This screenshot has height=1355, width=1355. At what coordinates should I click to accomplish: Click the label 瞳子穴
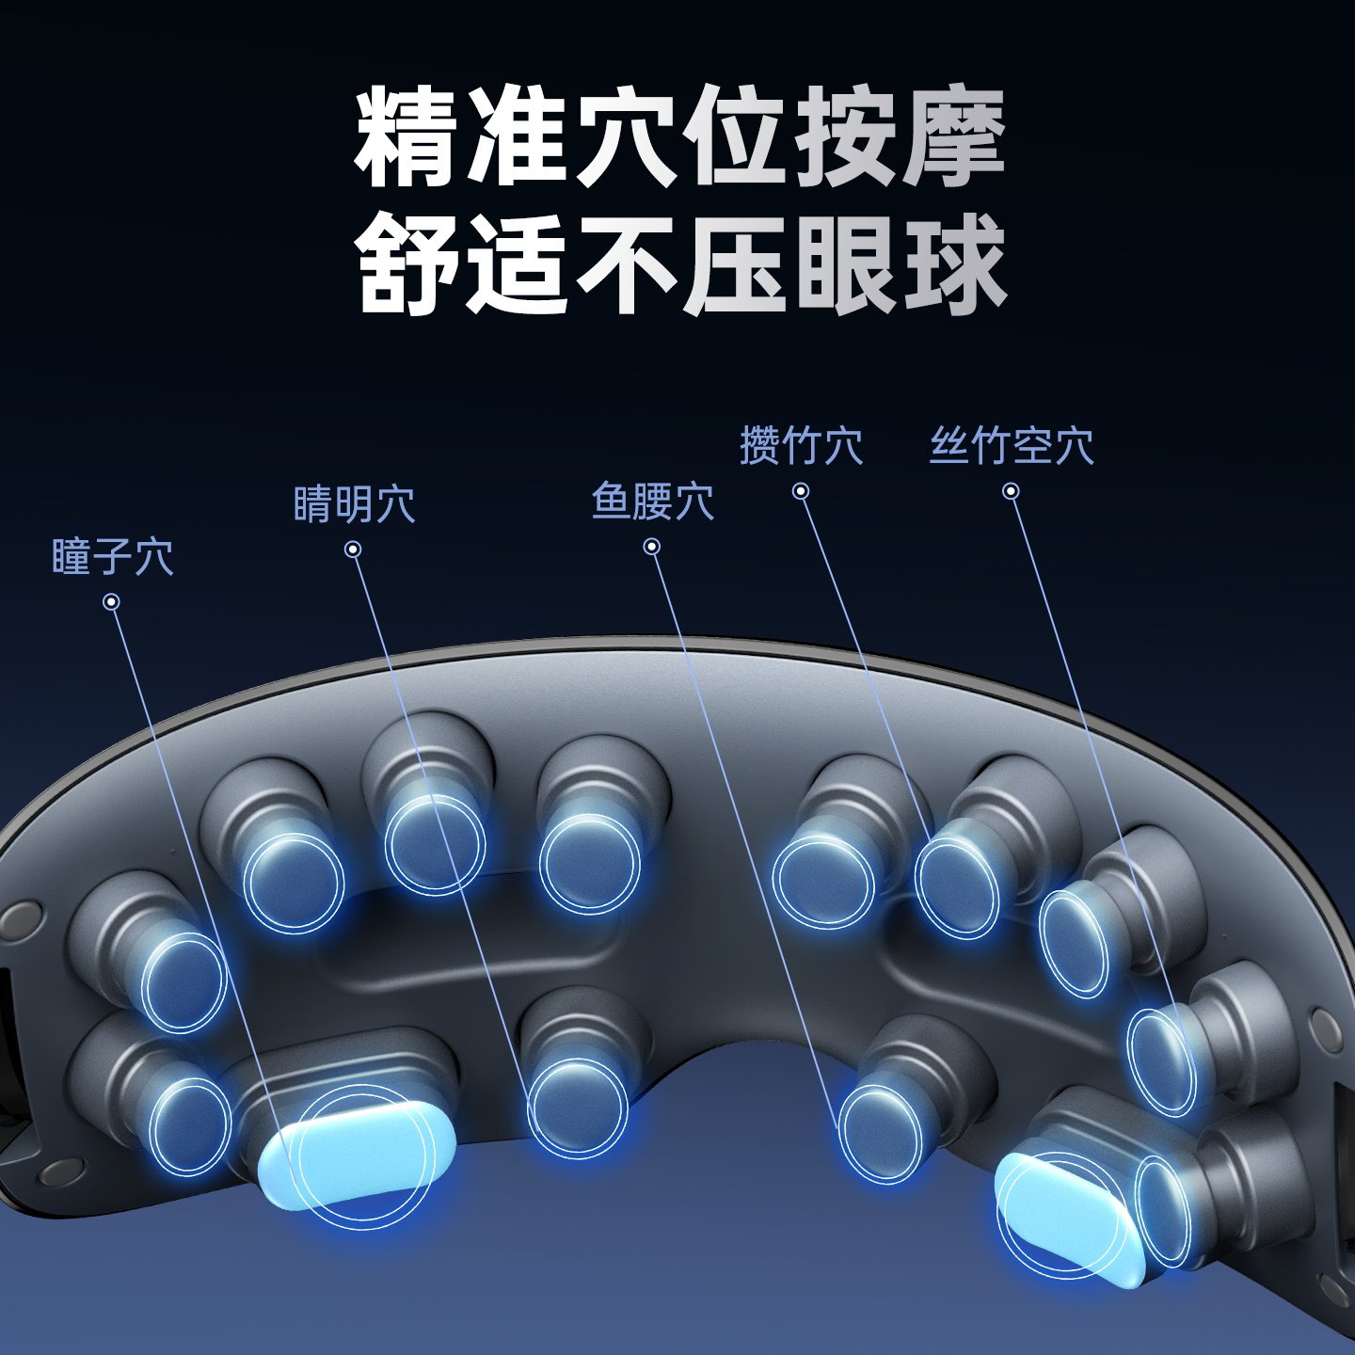112,557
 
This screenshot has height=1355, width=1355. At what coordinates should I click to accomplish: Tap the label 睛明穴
354,504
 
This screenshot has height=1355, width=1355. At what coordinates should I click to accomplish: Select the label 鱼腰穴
652,501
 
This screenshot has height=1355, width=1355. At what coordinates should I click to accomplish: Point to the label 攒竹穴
801,445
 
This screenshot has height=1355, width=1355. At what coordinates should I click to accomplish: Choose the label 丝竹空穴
1012,445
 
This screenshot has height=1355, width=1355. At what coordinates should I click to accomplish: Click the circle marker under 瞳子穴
112,602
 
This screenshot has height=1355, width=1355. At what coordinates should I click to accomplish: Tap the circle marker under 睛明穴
353,550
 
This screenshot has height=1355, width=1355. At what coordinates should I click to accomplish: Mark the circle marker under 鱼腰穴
652,547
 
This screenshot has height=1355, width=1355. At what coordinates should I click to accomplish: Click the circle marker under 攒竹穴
801,491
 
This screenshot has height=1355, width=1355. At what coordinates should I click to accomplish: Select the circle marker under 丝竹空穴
1012,491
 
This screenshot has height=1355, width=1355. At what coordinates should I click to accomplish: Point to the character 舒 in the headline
407,263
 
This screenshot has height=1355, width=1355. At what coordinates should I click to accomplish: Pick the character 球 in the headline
953,263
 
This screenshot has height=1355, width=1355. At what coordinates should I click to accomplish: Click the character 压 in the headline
735,263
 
